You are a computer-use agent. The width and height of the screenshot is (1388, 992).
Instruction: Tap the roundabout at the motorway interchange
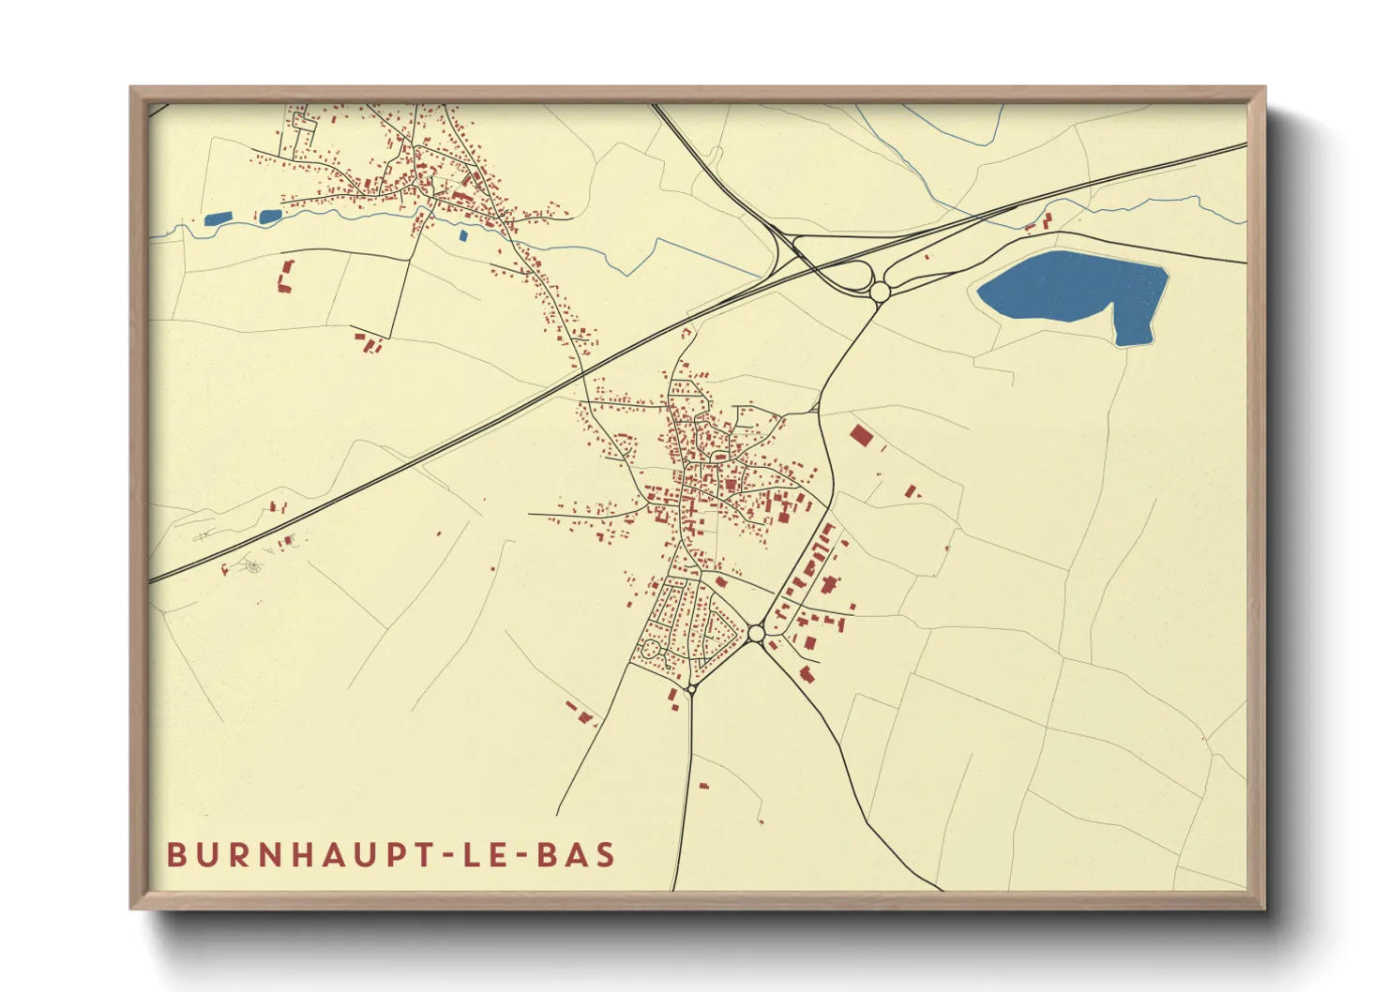coord(880,293)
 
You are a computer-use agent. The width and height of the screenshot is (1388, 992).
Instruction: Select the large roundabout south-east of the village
coord(757,633)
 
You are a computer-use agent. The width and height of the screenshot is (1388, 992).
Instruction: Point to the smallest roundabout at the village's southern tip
coord(691,689)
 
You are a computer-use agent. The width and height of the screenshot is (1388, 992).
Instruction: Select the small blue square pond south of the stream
coord(462,235)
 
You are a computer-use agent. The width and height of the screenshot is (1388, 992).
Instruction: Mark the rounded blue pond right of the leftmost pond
coord(269,217)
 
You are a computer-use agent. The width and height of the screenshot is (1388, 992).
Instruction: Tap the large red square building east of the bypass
coord(860,436)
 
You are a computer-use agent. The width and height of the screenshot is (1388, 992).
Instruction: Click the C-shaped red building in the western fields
coord(286,276)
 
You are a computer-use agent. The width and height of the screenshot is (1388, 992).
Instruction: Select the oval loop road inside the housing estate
coord(648,647)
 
